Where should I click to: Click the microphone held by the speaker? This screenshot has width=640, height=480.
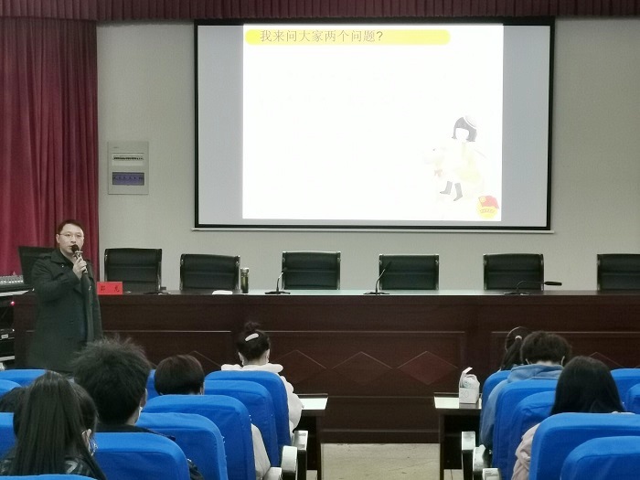tap(78, 251)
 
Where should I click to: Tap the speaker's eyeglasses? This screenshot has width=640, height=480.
tap(71, 236)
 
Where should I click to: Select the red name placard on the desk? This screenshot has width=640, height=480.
tap(109, 287)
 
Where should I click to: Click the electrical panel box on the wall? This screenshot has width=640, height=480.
tap(128, 167)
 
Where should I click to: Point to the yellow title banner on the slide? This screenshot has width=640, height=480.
tap(347, 37)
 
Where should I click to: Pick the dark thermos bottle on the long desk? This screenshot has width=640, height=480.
tap(244, 280)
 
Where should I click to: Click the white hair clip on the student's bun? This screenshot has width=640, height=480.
tap(251, 336)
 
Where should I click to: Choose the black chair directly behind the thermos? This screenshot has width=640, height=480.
tap(209, 272)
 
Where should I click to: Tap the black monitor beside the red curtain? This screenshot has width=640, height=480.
tap(32, 261)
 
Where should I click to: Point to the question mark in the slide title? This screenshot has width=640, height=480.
tap(379, 37)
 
